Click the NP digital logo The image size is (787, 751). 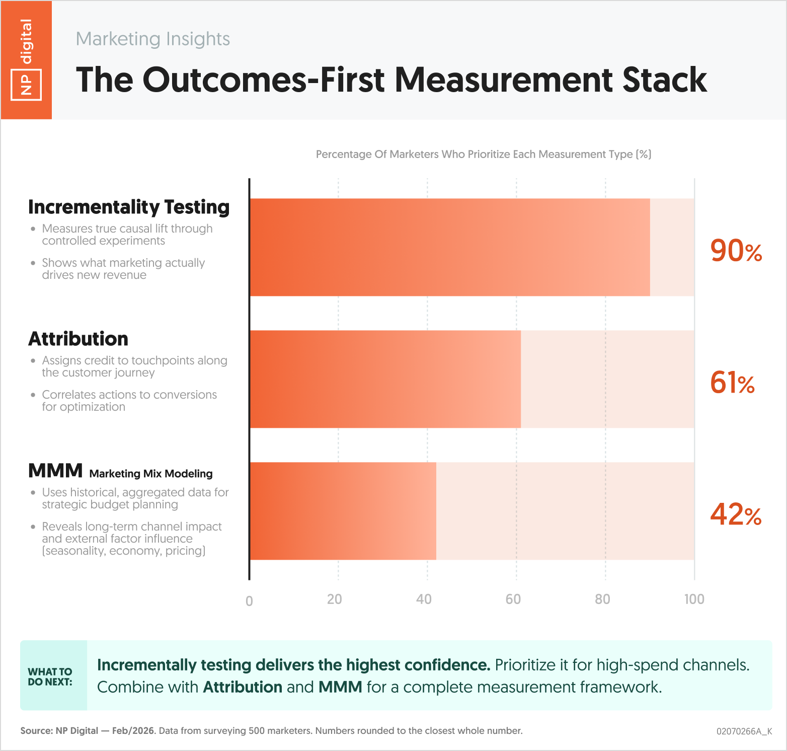pos(26,60)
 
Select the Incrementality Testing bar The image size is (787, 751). pos(449,247)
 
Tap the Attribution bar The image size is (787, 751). pos(385,379)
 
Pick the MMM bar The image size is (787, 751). pos(343,511)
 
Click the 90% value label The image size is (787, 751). pos(736,251)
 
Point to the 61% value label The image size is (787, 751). pos(732,383)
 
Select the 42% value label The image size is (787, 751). pos(735,514)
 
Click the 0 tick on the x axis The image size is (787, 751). pos(249,601)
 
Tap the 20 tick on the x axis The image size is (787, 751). pos(335,599)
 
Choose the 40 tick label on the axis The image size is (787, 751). pos(424,599)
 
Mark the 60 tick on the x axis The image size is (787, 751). pos(513,599)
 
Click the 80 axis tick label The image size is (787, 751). pos(602,599)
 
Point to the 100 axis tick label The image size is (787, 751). pos(694,599)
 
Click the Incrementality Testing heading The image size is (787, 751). pos(129,207)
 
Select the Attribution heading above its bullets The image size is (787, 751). pos(78,339)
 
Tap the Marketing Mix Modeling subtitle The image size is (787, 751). pos(151,474)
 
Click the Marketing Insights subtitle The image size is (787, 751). pos(153,39)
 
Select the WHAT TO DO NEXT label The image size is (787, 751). pos(50,677)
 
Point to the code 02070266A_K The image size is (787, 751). pos(744,731)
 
